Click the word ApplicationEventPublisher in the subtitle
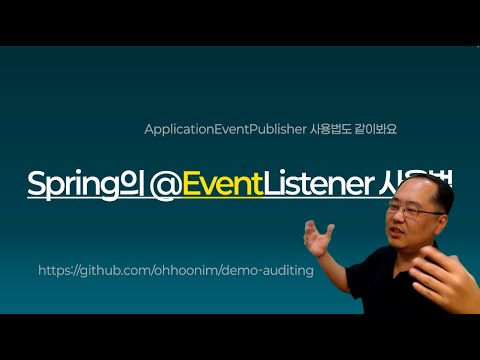(x=208, y=130)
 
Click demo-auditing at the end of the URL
(x=275, y=271)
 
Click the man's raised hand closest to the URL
(x=322, y=239)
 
